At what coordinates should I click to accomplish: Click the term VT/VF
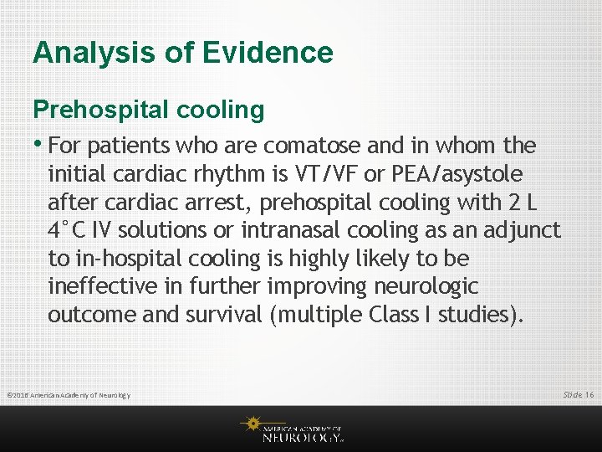329,174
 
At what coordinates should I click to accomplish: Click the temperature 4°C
69,230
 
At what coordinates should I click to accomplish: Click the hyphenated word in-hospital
121,259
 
